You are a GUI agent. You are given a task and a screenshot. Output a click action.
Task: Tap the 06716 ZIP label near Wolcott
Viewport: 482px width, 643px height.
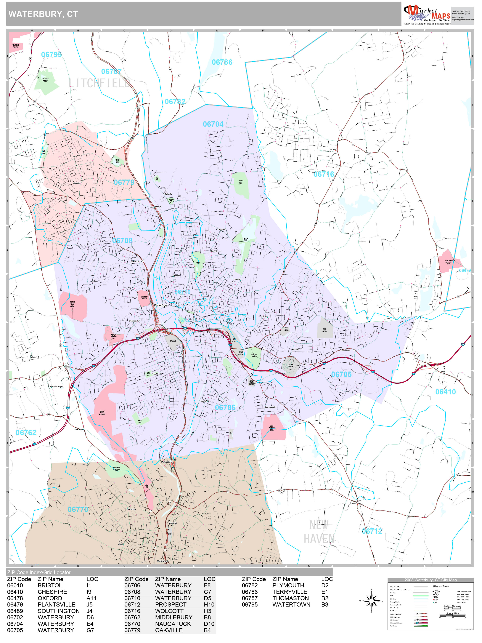(324, 174)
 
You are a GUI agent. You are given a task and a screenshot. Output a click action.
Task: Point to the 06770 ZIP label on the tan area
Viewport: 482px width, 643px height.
(78, 509)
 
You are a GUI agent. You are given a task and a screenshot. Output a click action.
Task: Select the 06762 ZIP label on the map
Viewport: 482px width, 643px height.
(26, 433)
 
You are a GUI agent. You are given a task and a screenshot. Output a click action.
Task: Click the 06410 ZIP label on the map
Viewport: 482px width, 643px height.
(445, 392)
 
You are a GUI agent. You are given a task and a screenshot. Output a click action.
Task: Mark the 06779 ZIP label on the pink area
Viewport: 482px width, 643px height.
(124, 182)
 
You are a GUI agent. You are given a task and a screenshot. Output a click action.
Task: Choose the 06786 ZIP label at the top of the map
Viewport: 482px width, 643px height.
(222, 62)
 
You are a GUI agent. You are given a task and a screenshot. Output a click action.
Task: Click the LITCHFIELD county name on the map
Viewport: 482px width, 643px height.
(99, 83)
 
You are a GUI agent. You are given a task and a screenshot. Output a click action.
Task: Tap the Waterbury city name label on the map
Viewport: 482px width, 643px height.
(161, 305)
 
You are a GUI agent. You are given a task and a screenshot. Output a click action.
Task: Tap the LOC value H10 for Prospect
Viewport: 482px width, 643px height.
(209, 605)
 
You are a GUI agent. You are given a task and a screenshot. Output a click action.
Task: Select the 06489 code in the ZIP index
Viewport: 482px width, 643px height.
(15, 611)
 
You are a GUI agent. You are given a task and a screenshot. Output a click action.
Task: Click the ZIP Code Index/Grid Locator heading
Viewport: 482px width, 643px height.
(39, 572)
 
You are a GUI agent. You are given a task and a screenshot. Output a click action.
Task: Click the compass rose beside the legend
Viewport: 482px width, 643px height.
(371, 601)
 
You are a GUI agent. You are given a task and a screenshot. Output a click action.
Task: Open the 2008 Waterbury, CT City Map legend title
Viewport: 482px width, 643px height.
(430, 580)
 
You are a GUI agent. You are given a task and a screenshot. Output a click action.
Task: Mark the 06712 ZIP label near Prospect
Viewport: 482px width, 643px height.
(372, 531)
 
